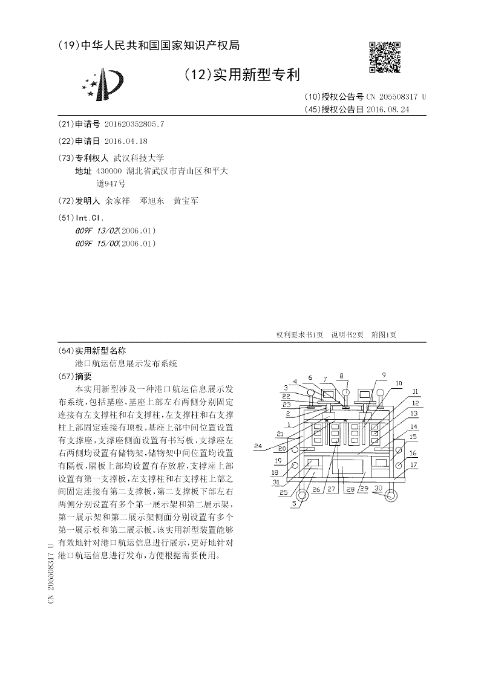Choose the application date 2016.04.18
pos(126,141)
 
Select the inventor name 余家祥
pos(117,201)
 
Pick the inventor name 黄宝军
pos(185,201)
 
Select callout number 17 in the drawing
pos(414,465)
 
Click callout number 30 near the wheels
pos(379,487)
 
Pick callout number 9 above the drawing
pos(383,375)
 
